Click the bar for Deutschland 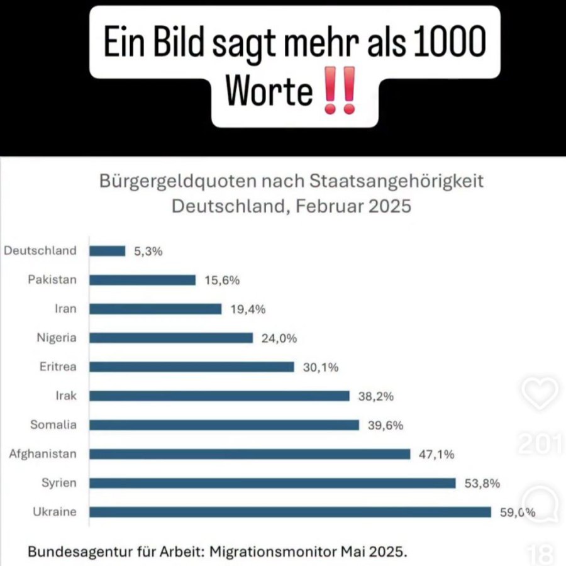108,251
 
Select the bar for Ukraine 290,512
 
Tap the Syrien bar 272,483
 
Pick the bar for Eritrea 192,367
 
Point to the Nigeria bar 171,338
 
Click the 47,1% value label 436,454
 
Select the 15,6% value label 222,280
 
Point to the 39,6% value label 386,425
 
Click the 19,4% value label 248,309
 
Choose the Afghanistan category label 43,453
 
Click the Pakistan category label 52,280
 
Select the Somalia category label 53,425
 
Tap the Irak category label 66,396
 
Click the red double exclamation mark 338,92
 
